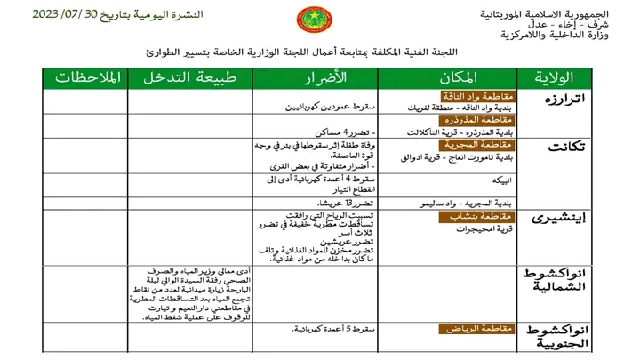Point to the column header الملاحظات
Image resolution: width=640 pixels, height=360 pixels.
pos(86,77)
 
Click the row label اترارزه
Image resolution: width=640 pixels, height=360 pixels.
pos(565,97)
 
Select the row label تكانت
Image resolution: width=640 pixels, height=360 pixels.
pos(566,147)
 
